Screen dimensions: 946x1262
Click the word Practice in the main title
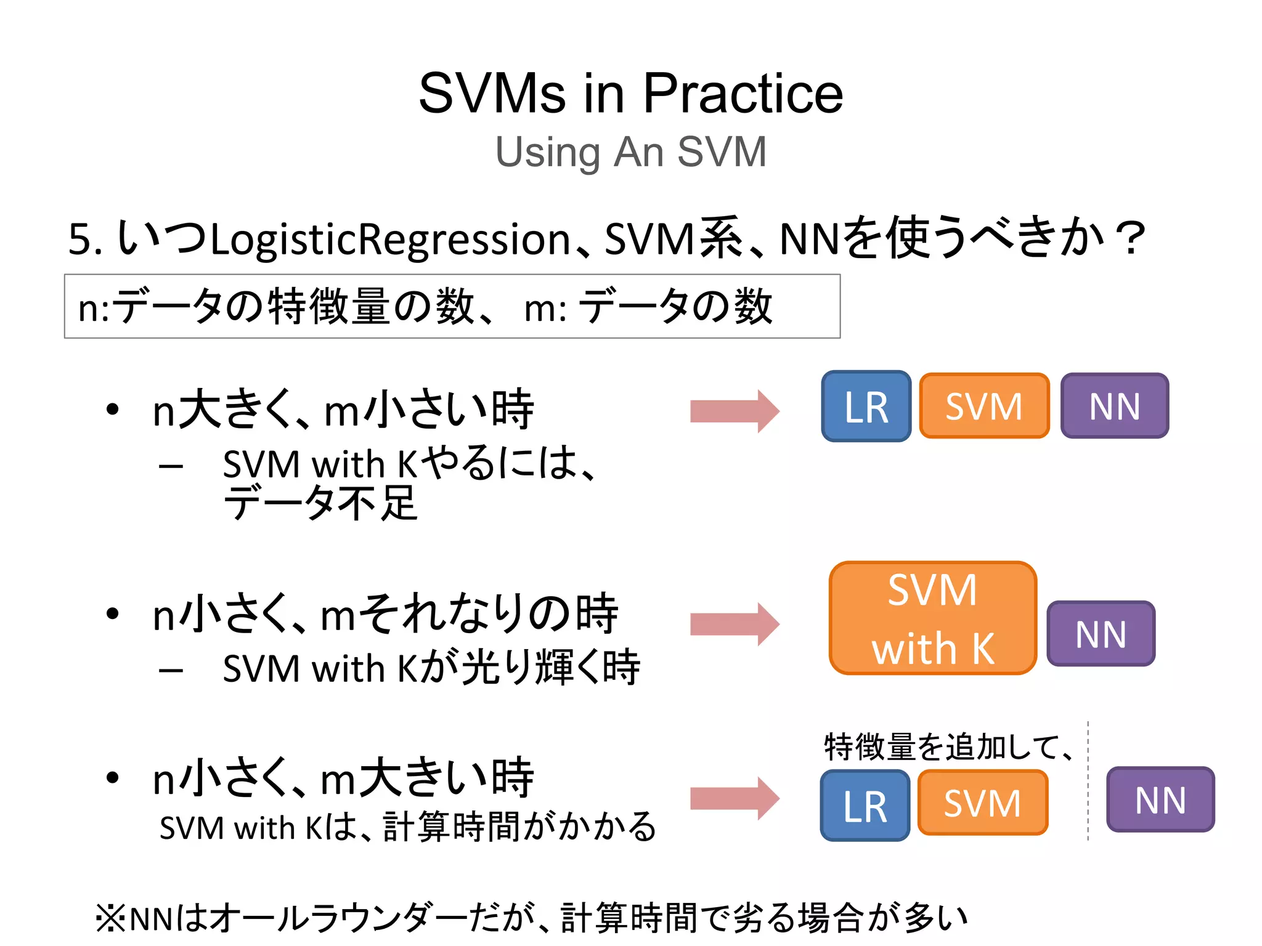click(743, 94)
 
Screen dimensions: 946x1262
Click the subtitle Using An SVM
click(631, 152)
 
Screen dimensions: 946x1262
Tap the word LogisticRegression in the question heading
click(389, 240)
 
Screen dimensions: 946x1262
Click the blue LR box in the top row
click(866, 406)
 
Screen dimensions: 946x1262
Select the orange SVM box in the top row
click(984, 406)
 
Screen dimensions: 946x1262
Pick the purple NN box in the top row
click(1114, 406)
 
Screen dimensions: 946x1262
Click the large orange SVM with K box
click(932, 618)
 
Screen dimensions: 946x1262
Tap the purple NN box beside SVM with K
click(1101, 634)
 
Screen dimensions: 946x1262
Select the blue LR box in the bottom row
click(865, 806)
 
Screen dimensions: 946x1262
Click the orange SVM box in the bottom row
click(982, 803)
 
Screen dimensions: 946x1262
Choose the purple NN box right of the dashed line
click(1160, 800)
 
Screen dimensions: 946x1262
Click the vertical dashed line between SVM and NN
click(1088, 782)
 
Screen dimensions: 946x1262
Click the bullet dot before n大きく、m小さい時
click(112, 410)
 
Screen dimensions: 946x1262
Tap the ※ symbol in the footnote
click(111, 918)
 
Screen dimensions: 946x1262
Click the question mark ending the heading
click(1133, 238)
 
